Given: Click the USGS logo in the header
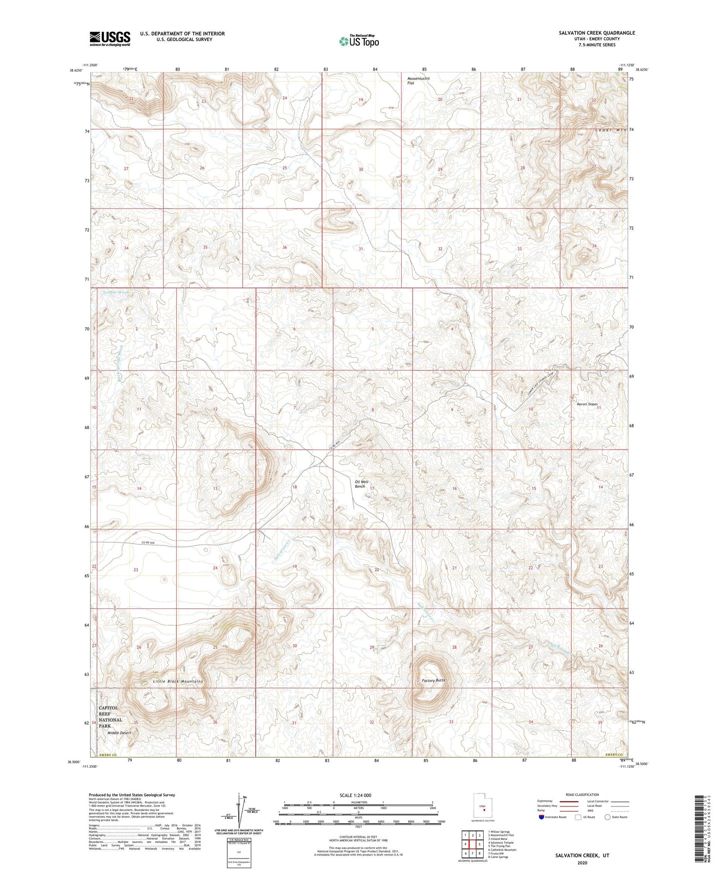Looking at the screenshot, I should click(x=109, y=38).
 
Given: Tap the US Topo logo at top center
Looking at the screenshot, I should click(x=358, y=41).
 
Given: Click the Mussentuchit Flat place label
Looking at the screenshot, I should click(x=418, y=80).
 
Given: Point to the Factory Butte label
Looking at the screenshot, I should click(x=433, y=680).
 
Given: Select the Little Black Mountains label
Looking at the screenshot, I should click(x=171, y=681).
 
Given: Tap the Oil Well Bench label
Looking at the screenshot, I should click(x=360, y=484).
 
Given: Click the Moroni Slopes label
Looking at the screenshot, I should click(x=587, y=404).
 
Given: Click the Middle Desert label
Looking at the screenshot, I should click(x=119, y=733).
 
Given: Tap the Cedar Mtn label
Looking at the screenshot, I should click(x=611, y=130).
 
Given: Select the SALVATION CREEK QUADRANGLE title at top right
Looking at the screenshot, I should click(x=597, y=33).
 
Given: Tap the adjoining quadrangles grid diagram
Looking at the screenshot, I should click(x=472, y=845).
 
